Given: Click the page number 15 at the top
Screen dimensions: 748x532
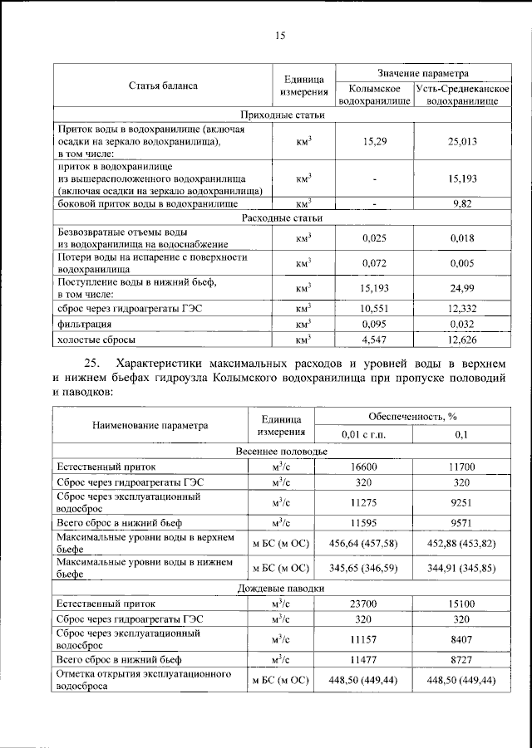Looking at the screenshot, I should point(279,35).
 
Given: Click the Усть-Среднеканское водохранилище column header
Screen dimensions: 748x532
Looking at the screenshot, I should point(461,94).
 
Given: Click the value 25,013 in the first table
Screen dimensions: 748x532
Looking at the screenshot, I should point(461,142).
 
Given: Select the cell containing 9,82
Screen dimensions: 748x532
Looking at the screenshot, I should point(461,203).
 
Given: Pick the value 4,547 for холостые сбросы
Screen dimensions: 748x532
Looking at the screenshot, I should point(376,340).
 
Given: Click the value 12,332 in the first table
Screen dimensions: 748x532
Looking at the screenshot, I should point(461,310).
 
